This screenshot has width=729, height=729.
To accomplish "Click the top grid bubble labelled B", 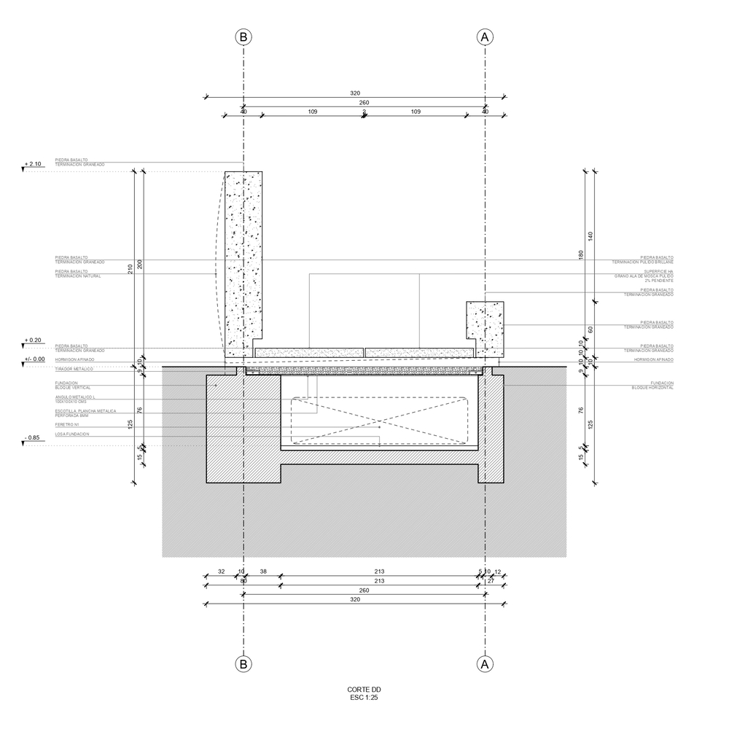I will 243,36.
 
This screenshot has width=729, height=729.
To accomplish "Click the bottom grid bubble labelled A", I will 485,664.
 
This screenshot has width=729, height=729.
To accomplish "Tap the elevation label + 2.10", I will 34,163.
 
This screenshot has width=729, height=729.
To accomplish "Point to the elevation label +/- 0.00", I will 34,359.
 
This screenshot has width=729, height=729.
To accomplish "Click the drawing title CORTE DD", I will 364,690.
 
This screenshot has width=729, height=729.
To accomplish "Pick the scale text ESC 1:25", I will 364,698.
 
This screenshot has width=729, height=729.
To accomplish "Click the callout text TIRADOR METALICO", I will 74,370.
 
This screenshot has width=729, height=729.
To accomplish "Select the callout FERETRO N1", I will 67,424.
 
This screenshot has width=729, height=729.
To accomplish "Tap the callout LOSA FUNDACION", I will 72,434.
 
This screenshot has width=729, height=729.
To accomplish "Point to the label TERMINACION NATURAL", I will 78,276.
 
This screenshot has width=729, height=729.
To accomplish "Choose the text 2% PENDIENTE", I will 659,281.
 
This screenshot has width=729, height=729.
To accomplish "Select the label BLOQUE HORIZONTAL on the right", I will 652,388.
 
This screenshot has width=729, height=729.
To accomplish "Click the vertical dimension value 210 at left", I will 130,269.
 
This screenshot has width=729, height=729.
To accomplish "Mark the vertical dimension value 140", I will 591,235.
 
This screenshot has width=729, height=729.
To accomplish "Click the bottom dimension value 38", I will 262,572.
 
